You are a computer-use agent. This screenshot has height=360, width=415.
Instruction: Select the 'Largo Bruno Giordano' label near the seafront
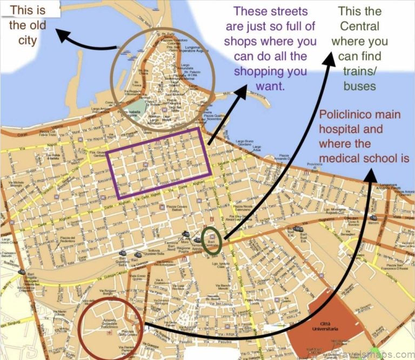[x=250, y=145]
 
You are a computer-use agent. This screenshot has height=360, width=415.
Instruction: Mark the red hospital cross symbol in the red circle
[x=111, y=334]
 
